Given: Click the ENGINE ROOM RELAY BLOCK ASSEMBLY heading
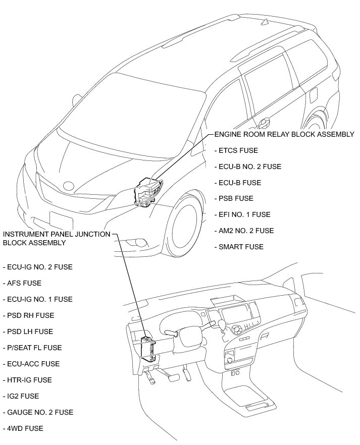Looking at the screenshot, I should [x=284, y=135].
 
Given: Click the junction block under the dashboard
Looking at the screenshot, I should [x=148, y=348].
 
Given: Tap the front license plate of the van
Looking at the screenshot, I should [x=61, y=221].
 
